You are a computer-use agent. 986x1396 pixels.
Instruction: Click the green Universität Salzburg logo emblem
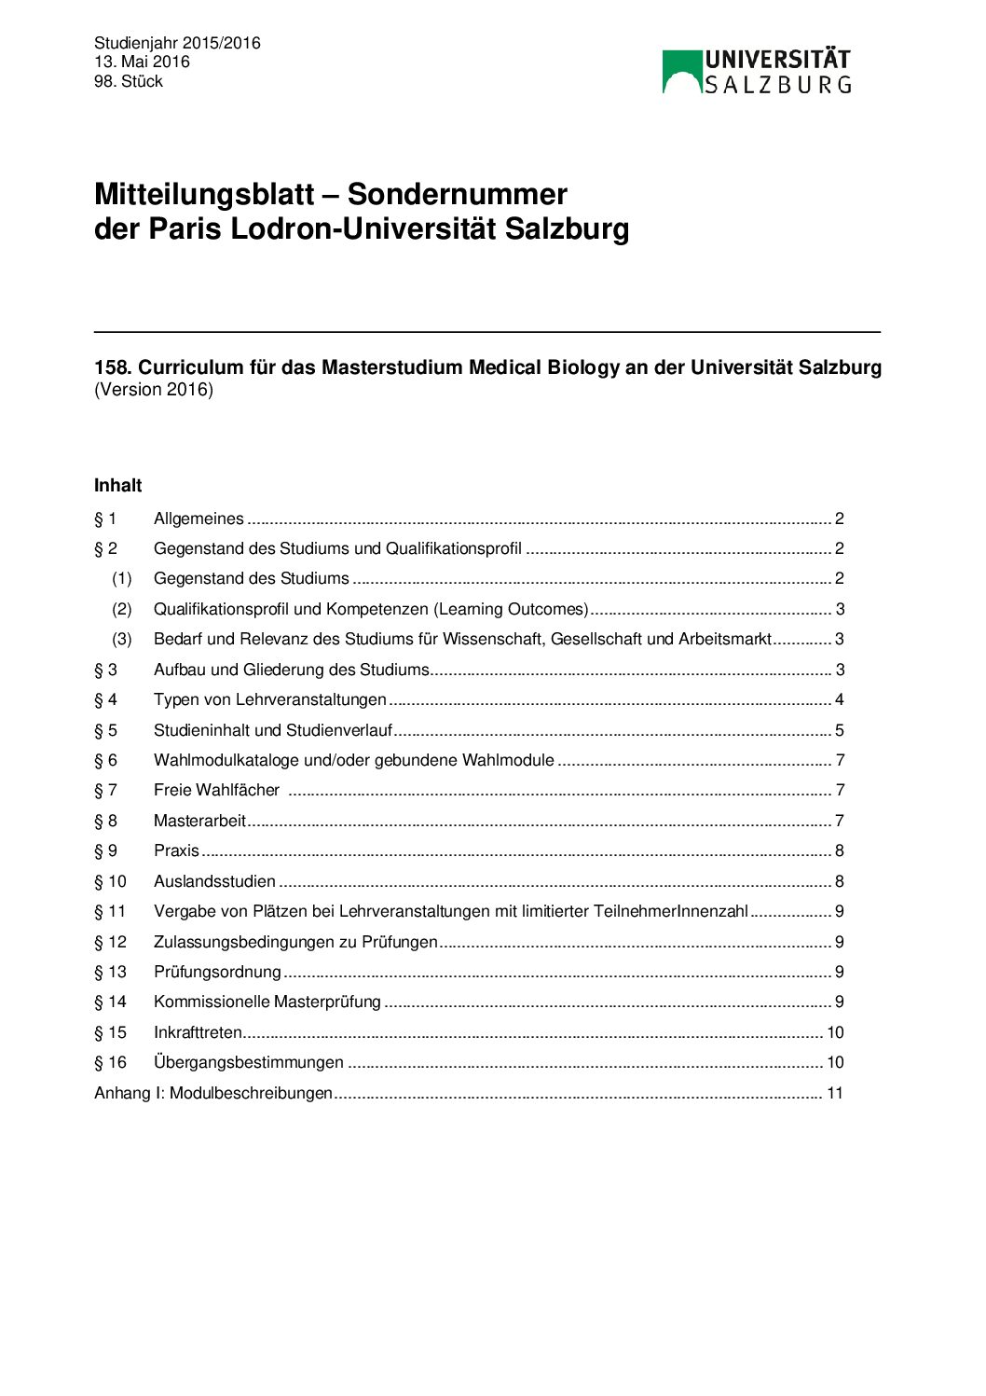(681, 72)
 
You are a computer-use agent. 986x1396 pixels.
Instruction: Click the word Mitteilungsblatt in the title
(204, 194)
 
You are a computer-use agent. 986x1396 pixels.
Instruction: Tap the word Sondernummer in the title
(457, 194)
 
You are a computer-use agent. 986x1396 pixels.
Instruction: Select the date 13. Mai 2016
(142, 62)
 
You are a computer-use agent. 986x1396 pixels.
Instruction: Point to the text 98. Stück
(129, 81)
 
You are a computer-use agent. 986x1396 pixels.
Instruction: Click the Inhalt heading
(118, 485)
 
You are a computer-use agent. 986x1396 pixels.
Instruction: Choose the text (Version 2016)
(154, 390)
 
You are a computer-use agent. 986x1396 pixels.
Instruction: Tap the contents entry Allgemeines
(199, 518)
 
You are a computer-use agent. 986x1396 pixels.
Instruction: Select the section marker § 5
(105, 730)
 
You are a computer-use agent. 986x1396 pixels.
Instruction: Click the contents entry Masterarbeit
(199, 821)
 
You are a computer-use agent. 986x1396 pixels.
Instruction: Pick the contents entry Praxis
(176, 850)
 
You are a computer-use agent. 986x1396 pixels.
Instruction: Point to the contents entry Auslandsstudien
(214, 881)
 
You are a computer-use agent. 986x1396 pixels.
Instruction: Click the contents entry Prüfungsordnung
(217, 972)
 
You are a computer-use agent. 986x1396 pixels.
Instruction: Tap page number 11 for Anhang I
(835, 1093)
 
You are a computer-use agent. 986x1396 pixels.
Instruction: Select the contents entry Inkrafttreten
(198, 1032)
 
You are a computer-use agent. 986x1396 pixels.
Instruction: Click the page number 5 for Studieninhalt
(840, 730)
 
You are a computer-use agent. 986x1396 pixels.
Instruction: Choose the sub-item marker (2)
(122, 609)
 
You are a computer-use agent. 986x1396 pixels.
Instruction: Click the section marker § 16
(110, 1062)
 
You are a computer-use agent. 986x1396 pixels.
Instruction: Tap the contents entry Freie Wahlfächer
(216, 790)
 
